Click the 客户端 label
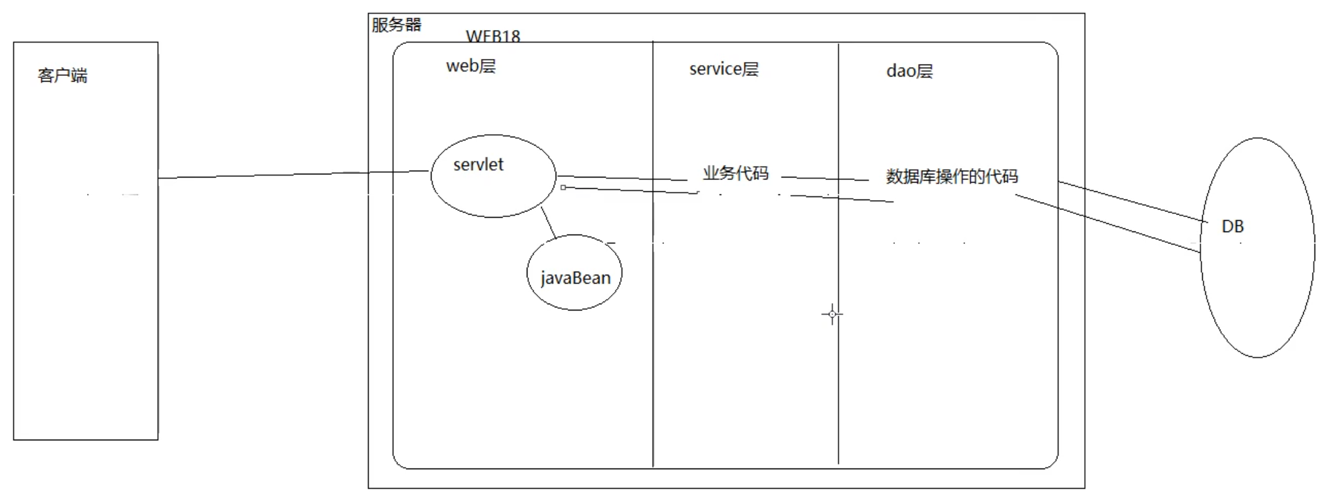(62, 76)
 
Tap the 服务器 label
(396, 25)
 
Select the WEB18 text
(493, 36)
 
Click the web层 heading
(471, 66)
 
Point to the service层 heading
(724, 69)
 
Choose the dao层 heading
(909, 71)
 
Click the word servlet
(478, 164)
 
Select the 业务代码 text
(736, 173)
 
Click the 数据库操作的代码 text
(952, 176)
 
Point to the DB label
(1232, 226)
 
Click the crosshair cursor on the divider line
(832, 314)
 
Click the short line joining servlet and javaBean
(548, 223)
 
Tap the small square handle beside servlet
(563, 188)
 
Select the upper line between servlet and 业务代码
(621, 178)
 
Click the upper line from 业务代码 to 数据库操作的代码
(825, 179)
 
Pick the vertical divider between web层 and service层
(653, 345)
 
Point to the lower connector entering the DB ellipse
(1110, 224)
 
